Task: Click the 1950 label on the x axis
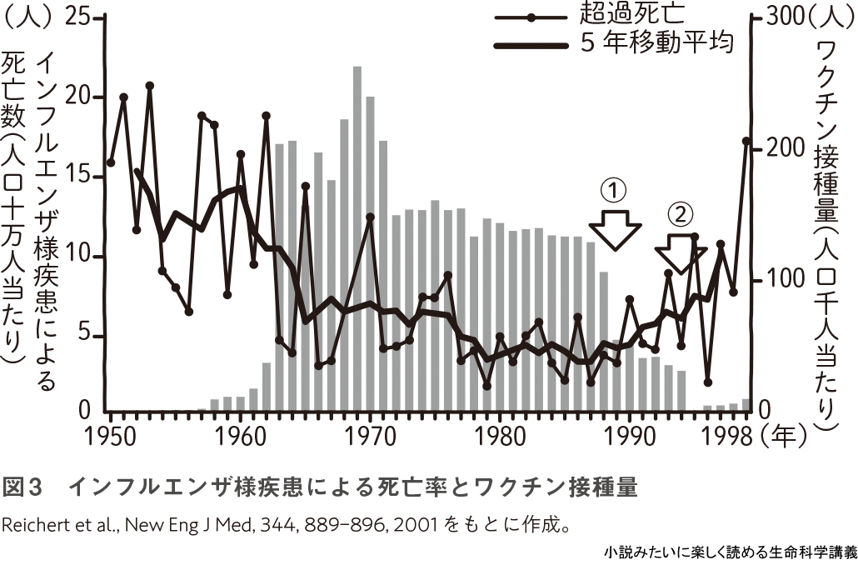coord(110,435)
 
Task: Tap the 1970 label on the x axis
coord(370,435)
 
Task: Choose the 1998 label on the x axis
coord(731,435)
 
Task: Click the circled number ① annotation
coord(613,191)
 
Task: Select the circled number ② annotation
coord(680,215)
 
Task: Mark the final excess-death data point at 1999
coord(746,142)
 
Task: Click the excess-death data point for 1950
coord(111,162)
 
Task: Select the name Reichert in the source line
coord(32,527)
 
